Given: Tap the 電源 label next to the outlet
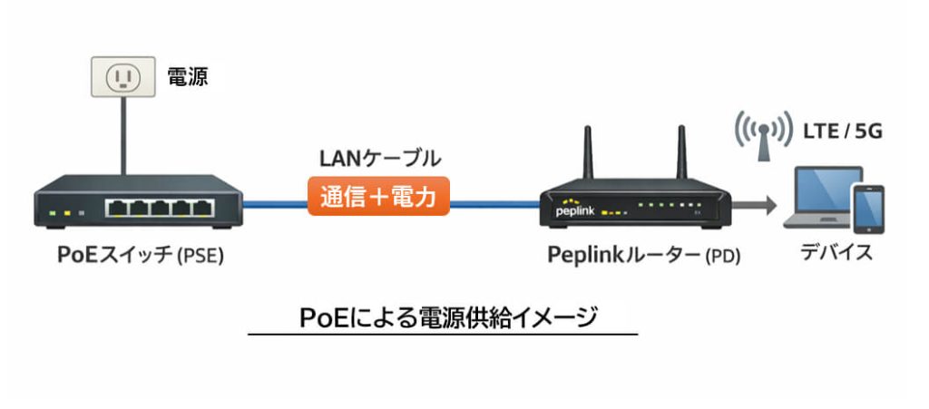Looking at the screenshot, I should [x=188, y=78].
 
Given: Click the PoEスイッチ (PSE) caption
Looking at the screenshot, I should [x=140, y=256].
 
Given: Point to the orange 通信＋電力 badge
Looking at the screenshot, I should [x=379, y=197].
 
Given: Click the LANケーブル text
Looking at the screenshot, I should [x=379, y=160].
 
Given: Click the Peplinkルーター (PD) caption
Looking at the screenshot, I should [x=644, y=256].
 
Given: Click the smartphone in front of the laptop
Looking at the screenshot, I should [x=869, y=211].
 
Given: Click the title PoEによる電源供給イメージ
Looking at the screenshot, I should [x=442, y=318].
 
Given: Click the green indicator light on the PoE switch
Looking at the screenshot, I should [x=54, y=214].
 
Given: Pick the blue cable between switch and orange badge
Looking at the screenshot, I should [x=276, y=203].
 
